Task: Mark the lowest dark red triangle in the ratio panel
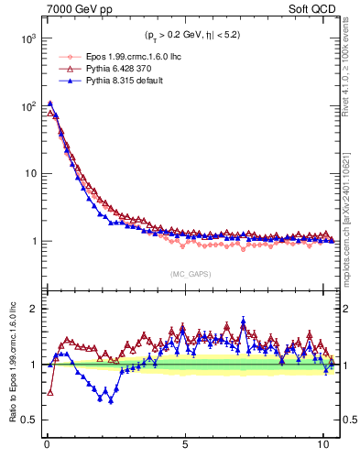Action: [49, 392]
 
